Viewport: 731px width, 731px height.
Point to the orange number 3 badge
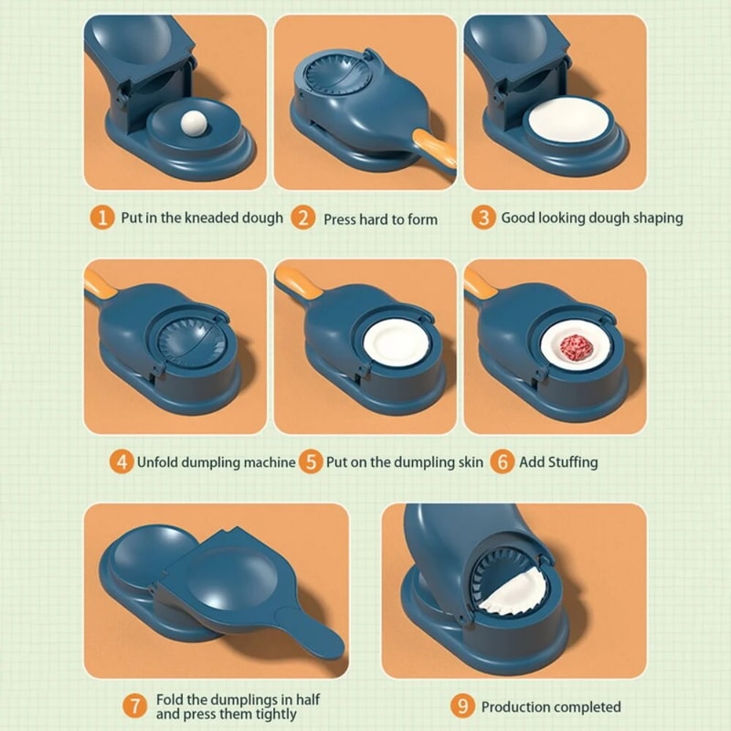484,217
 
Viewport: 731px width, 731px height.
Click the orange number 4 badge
122,461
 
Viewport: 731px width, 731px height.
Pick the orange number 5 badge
312,461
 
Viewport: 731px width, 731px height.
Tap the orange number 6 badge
502,461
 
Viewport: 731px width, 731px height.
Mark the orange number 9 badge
463,706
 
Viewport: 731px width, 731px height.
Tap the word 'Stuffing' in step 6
571,461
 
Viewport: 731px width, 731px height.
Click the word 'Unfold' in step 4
161,461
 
